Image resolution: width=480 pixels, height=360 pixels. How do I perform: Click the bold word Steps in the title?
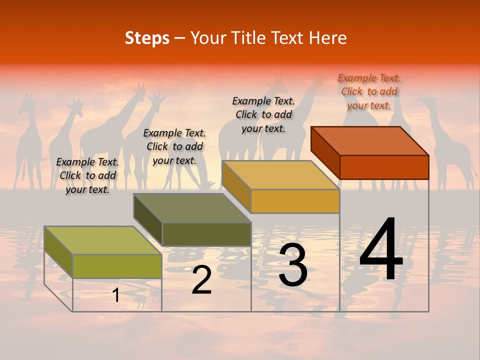click(147, 38)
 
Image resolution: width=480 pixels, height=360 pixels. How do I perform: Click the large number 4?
click(381, 249)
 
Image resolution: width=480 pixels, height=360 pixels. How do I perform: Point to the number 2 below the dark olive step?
click(201, 280)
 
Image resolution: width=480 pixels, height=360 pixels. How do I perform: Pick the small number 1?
click(115, 295)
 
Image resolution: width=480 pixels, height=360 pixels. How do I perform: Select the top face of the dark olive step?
click(192, 208)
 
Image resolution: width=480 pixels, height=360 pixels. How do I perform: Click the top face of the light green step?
click(103, 240)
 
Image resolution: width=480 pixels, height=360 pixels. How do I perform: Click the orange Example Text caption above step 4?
click(369, 91)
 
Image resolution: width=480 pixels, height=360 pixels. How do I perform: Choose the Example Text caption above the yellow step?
click(263, 114)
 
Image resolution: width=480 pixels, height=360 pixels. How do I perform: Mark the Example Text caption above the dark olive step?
click(174, 146)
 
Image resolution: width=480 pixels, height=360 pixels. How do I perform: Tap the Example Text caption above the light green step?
click(87, 175)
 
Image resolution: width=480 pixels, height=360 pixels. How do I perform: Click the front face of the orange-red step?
click(384, 167)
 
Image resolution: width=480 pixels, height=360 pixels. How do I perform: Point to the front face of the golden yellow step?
click(295, 201)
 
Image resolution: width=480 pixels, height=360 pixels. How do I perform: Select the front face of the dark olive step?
click(206, 234)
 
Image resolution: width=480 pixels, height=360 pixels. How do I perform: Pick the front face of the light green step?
click(117, 266)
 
